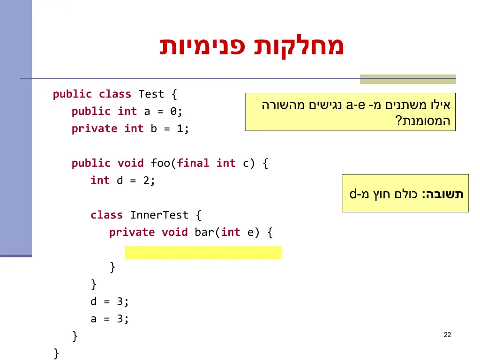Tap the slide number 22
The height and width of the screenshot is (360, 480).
pyautogui.click(x=447, y=335)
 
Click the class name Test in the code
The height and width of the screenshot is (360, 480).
pyautogui.click(x=151, y=94)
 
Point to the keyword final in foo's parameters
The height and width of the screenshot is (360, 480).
pyautogui.click(x=193, y=163)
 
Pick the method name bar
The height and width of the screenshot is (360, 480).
pyautogui.click(x=204, y=232)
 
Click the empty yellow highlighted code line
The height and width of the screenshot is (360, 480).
pyautogui.click(x=203, y=253)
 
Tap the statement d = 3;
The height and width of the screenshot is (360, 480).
pyautogui.click(x=109, y=301)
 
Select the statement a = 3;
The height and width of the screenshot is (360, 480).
pyautogui.click(x=109, y=319)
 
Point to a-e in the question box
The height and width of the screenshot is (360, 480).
pyautogui.click(x=356, y=105)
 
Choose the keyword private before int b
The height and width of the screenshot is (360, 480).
pyautogui.click(x=94, y=128)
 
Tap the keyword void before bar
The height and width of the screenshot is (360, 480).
pyautogui.click(x=174, y=232)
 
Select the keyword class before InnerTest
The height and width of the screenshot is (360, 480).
pyautogui.click(x=106, y=215)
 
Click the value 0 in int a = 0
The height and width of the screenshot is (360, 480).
pyautogui.click(x=173, y=112)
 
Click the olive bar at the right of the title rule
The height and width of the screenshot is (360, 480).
pyautogui.click(x=408, y=79)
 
